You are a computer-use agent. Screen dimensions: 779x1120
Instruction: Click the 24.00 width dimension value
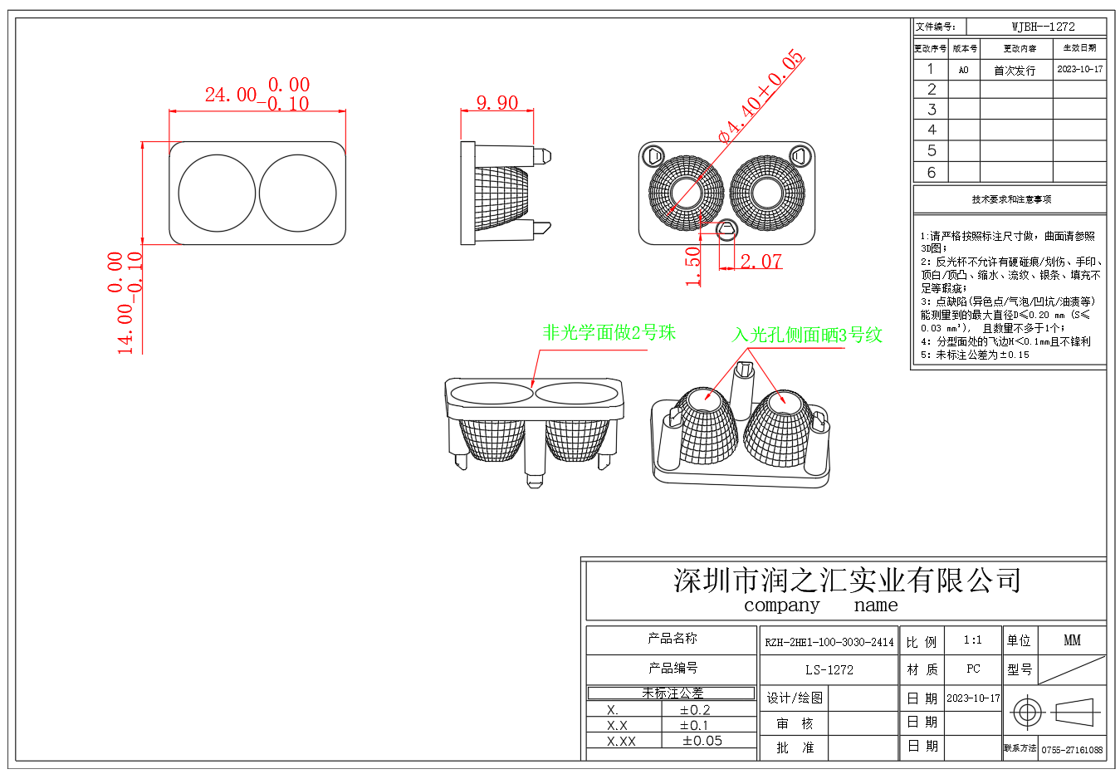(x=231, y=95)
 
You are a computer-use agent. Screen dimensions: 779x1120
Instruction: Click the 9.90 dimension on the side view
(x=496, y=103)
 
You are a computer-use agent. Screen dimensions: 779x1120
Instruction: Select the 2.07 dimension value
(x=761, y=262)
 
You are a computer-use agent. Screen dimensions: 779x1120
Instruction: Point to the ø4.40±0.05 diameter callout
(x=761, y=96)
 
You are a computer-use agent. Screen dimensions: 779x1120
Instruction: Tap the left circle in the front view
(x=217, y=194)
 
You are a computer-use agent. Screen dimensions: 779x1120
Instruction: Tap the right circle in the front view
(x=297, y=194)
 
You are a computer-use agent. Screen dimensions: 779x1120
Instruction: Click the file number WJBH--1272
(x=1043, y=27)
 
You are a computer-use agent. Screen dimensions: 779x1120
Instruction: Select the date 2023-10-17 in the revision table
(x=1079, y=69)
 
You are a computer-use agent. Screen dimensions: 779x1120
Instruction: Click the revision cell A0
(x=963, y=70)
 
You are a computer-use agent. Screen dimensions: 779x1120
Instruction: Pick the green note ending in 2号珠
(x=609, y=333)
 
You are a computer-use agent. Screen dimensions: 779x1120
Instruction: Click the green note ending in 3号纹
(x=806, y=336)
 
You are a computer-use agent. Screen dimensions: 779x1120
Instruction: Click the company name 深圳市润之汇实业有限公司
(x=846, y=581)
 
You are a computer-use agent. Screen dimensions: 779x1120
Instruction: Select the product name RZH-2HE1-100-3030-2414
(x=829, y=642)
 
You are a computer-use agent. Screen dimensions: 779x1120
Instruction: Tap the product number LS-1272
(x=829, y=669)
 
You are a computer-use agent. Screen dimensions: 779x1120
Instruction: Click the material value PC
(x=973, y=669)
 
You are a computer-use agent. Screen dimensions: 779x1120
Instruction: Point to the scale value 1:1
(x=972, y=640)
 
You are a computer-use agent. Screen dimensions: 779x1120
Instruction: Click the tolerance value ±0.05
(x=702, y=741)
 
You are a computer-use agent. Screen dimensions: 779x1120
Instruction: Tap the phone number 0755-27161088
(x=1072, y=750)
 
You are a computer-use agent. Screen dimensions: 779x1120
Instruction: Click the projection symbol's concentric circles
(x=1027, y=712)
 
